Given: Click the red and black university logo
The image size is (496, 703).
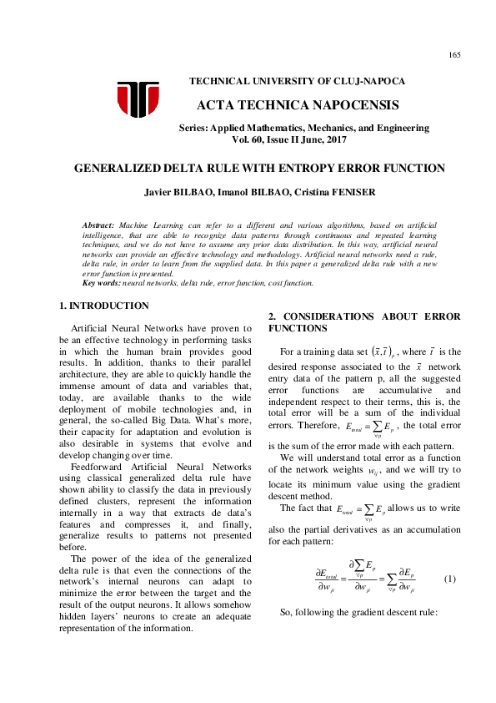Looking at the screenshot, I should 138,99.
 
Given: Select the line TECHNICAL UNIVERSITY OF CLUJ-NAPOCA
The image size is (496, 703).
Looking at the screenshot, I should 298,81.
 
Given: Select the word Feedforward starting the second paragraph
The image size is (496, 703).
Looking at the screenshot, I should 98,467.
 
